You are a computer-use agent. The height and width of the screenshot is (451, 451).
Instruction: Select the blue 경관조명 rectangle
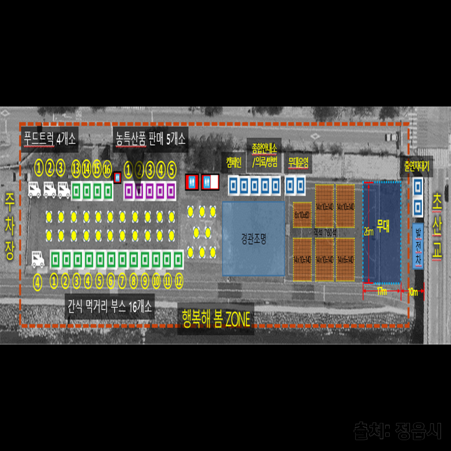[253, 239]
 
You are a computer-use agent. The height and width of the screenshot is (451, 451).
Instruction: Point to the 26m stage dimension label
[368, 232]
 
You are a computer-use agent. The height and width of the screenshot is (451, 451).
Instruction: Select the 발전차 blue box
[418, 246]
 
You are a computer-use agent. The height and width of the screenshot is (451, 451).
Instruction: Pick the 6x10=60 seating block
[302, 215]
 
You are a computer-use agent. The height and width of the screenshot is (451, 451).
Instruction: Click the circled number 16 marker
[107, 168]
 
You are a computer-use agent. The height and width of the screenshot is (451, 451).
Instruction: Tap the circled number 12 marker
[179, 281]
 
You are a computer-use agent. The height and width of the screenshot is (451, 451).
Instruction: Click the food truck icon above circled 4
[38, 260]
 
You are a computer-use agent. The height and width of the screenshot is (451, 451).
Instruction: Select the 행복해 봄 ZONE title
[216, 319]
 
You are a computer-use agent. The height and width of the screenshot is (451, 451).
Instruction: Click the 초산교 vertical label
[437, 227]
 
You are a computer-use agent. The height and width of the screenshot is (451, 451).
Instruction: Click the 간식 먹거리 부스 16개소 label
[110, 308]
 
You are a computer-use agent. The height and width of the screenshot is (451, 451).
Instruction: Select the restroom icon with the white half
[210, 182]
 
